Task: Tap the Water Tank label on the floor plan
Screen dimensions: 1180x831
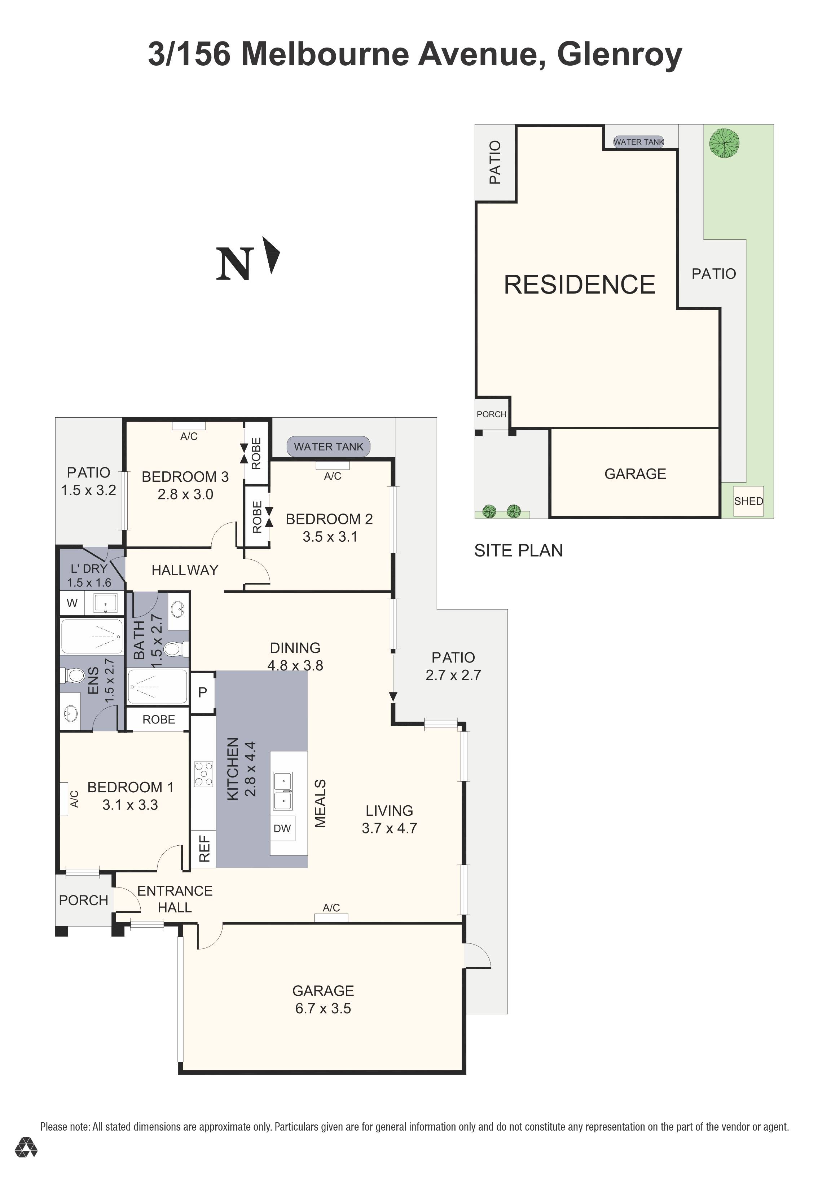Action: pyautogui.click(x=328, y=446)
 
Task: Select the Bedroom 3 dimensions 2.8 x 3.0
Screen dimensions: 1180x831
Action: pyautogui.click(x=185, y=494)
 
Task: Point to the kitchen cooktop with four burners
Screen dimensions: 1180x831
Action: pyautogui.click(x=203, y=774)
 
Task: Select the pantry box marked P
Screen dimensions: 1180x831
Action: pyautogui.click(x=202, y=692)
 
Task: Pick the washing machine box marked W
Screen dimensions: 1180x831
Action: pyautogui.click(x=72, y=603)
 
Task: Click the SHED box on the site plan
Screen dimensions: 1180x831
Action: pyautogui.click(x=748, y=501)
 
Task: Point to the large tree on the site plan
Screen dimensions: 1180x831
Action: pyautogui.click(x=724, y=142)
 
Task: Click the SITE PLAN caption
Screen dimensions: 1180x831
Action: pyautogui.click(x=518, y=550)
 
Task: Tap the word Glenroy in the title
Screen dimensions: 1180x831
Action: pyautogui.click(x=619, y=54)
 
